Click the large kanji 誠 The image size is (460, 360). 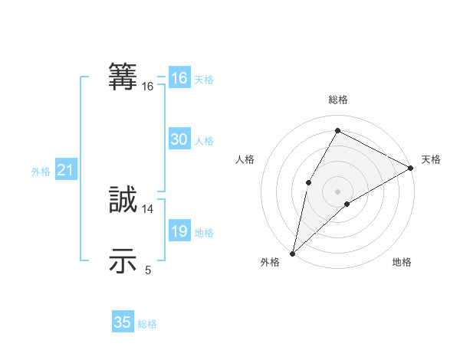coord(123,200)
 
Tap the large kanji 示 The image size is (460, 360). coord(123,260)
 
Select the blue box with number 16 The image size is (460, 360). coord(179,78)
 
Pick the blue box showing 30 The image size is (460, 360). coord(179,139)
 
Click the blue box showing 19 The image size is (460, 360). coord(179,231)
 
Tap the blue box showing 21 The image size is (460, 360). coord(65,171)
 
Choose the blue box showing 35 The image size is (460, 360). coord(123,322)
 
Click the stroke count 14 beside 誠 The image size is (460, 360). coord(148,208)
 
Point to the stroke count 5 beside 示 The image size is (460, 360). coord(148,270)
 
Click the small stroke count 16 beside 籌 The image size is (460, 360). coord(148,87)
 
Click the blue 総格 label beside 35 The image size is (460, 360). coord(147,324)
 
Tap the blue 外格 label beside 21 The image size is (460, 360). coord(41,172)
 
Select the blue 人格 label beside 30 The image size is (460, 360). coord(204,141)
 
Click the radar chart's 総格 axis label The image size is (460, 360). coord(337,100)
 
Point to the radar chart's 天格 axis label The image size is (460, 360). coord(431,159)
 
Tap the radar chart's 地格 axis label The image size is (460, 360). coord(402,263)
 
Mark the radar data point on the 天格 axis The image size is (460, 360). coord(411,168)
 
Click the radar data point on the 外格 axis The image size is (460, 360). coord(292,253)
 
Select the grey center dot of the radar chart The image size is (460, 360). coord(337,191)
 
